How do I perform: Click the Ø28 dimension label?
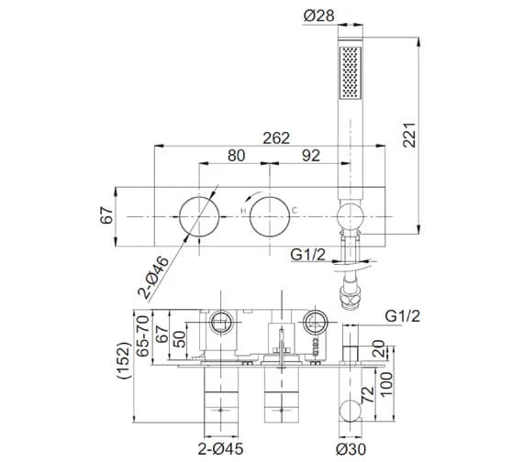[x=319, y=16]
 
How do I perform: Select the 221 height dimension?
[x=409, y=135]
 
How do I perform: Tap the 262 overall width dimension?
[x=276, y=138]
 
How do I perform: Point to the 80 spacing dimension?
[x=236, y=156]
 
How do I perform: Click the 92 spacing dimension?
[x=311, y=156]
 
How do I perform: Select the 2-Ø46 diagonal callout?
[x=154, y=278]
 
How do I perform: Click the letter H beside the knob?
[x=243, y=211]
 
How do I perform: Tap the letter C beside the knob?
[x=295, y=210]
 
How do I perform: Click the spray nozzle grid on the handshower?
[x=351, y=72]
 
